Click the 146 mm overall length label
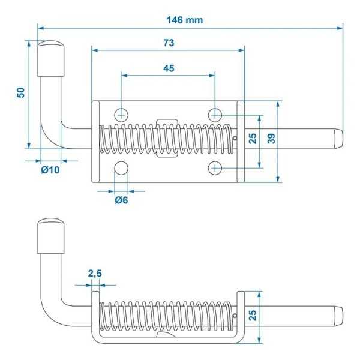(x=185, y=20)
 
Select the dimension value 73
(x=169, y=43)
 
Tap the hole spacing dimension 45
(x=169, y=68)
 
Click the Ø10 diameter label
(x=50, y=170)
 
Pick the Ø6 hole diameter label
(x=121, y=199)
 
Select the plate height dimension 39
(x=271, y=139)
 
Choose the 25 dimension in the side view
(x=253, y=316)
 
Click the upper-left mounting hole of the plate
(x=122, y=113)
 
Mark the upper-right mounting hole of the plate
(x=215, y=113)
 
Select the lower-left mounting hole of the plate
(x=122, y=169)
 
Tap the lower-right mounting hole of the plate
(x=215, y=168)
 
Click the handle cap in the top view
(x=52, y=57)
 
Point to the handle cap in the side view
(x=52, y=236)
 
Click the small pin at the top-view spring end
(x=235, y=139)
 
